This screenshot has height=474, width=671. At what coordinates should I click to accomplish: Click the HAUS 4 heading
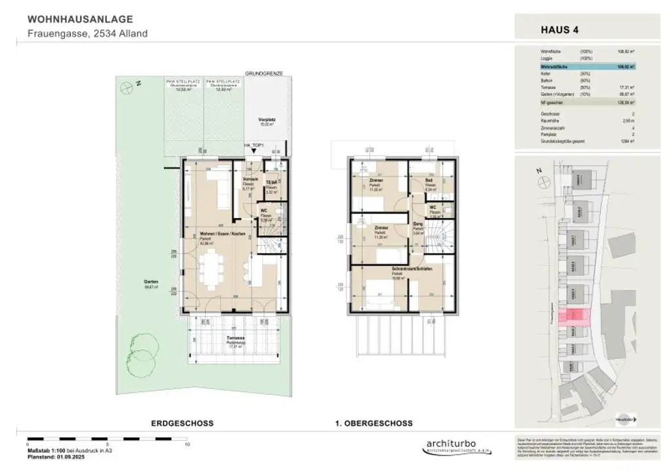(559, 29)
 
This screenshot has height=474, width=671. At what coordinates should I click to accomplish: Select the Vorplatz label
(265, 119)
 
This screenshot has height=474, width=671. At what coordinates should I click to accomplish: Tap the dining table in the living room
(210, 270)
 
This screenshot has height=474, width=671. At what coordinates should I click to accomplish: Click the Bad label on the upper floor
(429, 180)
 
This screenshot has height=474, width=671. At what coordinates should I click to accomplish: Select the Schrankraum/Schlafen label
(397, 269)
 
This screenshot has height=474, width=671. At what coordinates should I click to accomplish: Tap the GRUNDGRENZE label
(263, 74)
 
